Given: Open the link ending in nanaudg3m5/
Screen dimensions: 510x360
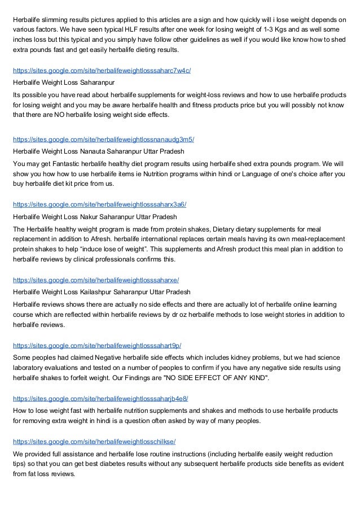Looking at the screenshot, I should pyautogui.click(x=103, y=140).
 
